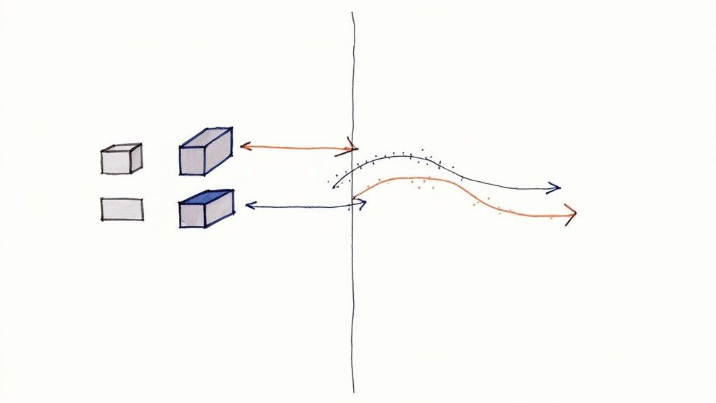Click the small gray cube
(121, 160)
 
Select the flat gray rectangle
(122, 209)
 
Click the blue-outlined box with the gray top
(206, 151)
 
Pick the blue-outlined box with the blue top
(206, 208)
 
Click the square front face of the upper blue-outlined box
(193, 161)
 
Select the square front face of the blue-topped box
(193, 214)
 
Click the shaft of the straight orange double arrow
(297, 148)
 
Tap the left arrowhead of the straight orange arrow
(244, 146)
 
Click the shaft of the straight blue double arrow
(301, 206)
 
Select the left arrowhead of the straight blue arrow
(249, 206)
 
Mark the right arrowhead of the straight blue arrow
(361, 204)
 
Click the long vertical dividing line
(354, 294)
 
